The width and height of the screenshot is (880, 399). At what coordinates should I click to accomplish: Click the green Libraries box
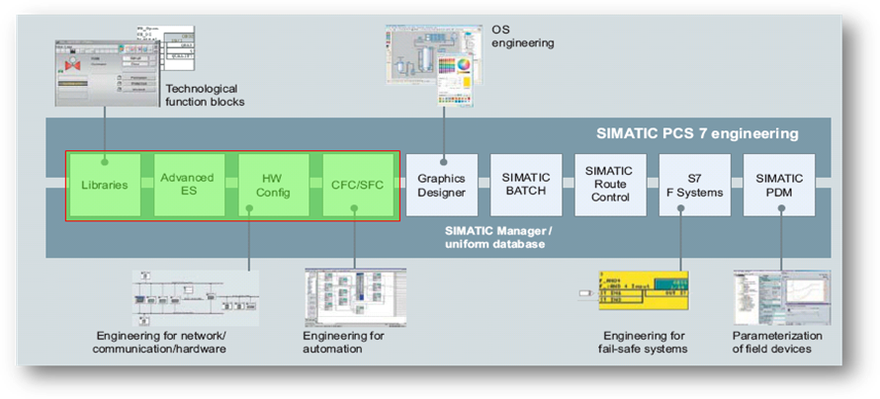(x=104, y=185)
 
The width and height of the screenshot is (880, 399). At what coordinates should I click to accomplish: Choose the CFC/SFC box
(x=358, y=185)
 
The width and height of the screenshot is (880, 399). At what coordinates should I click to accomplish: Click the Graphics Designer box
(x=441, y=185)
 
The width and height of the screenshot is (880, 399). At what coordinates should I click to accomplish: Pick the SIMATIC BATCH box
(x=525, y=185)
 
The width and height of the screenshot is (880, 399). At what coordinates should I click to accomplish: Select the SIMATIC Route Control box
(x=609, y=185)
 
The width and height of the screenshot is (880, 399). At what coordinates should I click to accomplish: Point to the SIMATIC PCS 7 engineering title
(x=697, y=133)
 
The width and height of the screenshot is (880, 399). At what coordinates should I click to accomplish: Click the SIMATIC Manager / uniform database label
(x=503, y=236)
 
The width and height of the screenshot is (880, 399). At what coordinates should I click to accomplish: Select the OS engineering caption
(x=522, y=37)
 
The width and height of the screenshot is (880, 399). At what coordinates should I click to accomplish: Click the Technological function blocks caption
(x=205, y=94)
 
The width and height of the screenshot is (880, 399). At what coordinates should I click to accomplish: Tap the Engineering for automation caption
(x=343, y=341)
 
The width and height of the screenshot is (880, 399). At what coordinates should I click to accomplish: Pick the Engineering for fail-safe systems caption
(x=646, y=341)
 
